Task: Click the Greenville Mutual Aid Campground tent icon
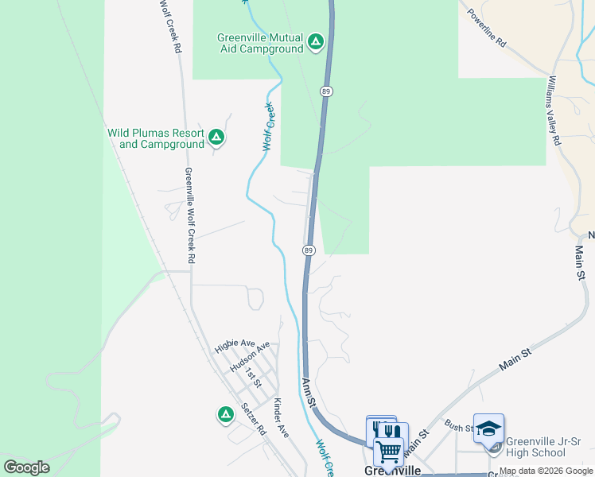[x=316, y=41]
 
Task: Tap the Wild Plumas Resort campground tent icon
[x=216, y=138]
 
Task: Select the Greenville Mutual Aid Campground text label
[x=261, y=43]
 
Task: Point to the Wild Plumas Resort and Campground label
[x=156, y=138]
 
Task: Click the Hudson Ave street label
[x=250, y=357]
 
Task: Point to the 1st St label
[x=253, y=378]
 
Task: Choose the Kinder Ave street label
[x=280, y=417]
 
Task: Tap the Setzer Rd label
[x=252, y=419]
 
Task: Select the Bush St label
[x=459, y=427]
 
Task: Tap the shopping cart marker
[x=389, y=451]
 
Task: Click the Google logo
[x=26, y=467]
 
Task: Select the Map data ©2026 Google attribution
[x=546, y=471]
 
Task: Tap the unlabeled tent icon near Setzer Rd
[x=225, y=414]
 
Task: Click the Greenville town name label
[x=392, y=471]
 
